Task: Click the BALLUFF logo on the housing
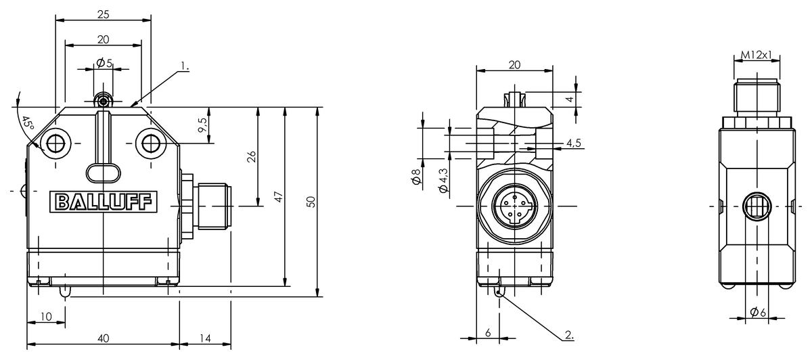pyautogui.click(x=103, y=202)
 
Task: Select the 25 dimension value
pyautogui.click(x=103, y=14)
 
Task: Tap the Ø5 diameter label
pyautogui.click(x=104, y=63)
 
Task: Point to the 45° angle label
pyautogui.click(x=26, y=124)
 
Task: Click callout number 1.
pyautogui.click(x=185, y=66)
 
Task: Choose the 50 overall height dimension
pyautogui.click(x=311, y=202)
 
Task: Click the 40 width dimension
pyautogui.click(x=103, y=338)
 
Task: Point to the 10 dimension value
pyautogui.click(x=46, y=317)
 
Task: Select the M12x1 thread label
pyautogui.click(x=756, y=54)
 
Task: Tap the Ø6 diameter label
pyautogui.click(x=757, y=311)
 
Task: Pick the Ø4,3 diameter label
pyautogui.click(x=444, y=180)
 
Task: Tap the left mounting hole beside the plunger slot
pyautogui.click(x=55, y=143)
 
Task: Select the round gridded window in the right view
pyautogui.click(x=756, y=205)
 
